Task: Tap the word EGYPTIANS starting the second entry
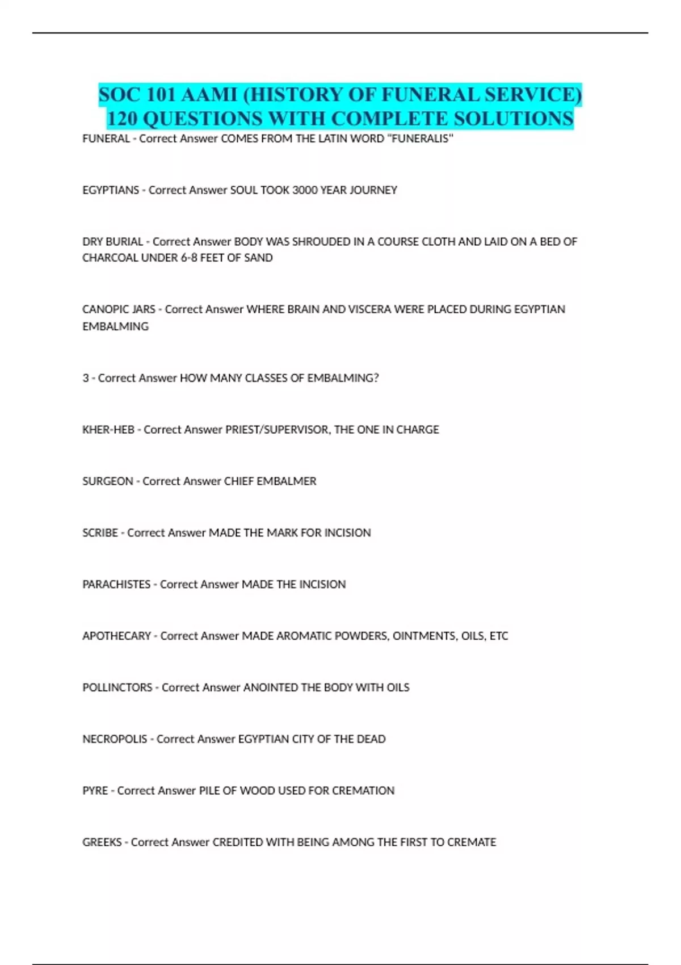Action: [x=111, y=190]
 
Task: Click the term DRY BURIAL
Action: [x=112, y=242]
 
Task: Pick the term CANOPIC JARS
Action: [x=119, y=309]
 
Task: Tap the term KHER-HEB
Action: [x=108, y=430]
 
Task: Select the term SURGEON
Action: [x=108, y=481]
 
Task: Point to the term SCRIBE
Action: [x=100, y=533]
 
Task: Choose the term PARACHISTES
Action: [x=116, y=585]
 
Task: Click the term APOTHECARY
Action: [x=116, y=636]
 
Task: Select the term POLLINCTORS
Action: [x=117, y=688]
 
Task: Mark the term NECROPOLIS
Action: [x=115, y=739]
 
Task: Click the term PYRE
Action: [x=95, y=791]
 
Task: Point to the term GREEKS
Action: [x=102, y=842]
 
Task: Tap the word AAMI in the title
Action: [x=209, y=95]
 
